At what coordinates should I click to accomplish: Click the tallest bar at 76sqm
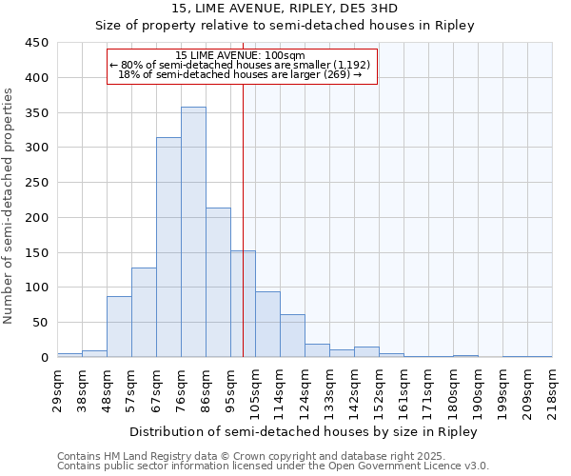[193, 232]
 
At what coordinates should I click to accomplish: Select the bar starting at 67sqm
[168, 248]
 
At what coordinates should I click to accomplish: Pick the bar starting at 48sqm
[119, 327]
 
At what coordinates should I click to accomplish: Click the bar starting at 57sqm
[144, 312]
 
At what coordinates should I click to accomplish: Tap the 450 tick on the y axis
[36, 43]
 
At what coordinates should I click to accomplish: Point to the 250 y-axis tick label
[36, 183]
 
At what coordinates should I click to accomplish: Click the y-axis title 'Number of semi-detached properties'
[9, 205]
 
